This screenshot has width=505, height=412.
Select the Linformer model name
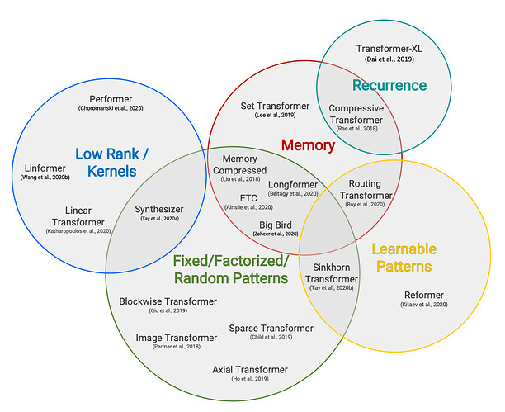41,167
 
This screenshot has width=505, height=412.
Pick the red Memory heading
308,145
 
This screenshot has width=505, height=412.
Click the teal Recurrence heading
389,85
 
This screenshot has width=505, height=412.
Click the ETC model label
249,198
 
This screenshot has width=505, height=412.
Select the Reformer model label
423,296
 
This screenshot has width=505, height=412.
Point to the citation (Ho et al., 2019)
249,379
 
